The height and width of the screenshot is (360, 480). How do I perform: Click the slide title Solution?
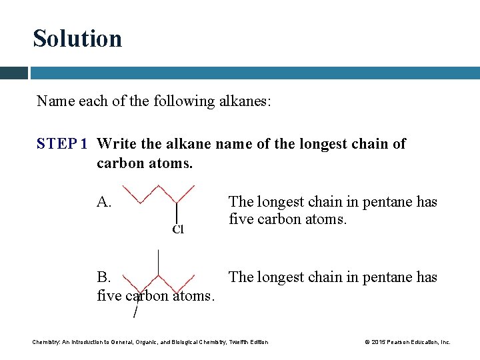[x=77, y=39]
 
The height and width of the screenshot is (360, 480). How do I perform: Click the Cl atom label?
[x=177, y=230]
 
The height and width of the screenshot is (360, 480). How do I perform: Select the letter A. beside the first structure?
[x=105, y=202]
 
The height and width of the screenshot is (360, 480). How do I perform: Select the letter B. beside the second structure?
[x=105, y=277]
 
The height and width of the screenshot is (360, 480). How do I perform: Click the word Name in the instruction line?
[x=56, y=101]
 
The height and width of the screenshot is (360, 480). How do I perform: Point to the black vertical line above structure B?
[x=158, y=261]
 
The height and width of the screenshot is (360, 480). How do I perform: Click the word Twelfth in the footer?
[x=238, y=342]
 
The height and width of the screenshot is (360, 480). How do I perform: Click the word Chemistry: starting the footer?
[x=46, y=342]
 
